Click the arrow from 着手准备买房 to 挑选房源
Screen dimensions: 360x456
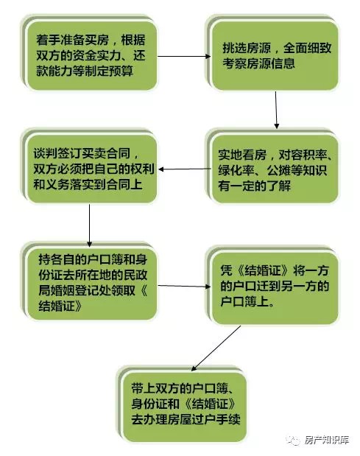click(x=184, y=56)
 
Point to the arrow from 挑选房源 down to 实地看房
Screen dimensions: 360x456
click(x=276, y=110)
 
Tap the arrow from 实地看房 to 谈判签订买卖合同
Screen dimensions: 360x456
click(x=185, y=169)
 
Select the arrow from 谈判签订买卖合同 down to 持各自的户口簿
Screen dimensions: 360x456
click(x=90, y=225)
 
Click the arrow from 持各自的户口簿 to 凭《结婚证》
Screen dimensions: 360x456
click(x=184, y=286)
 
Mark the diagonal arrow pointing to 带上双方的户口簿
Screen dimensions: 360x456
click(x=216, y=348)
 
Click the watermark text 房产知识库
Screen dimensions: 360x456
click(x=326, y=440)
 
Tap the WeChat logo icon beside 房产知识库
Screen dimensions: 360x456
click(x=293, y=441)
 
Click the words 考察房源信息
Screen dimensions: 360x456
click(x=258, y=63)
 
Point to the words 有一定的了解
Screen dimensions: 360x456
click(x=254, y=186)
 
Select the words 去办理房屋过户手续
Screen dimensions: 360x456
click(x=186, y=419)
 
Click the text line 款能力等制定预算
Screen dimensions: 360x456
click(x=85, y=71)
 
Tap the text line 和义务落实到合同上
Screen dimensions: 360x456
click(x=88, y=184)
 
